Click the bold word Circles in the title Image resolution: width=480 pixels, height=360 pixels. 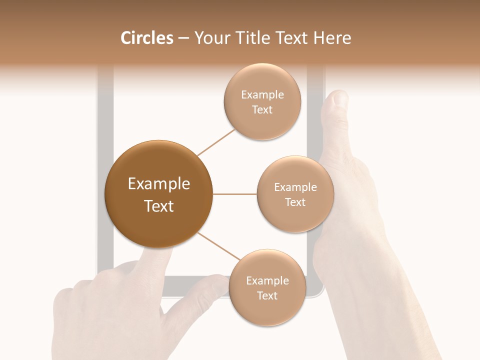point(146,38)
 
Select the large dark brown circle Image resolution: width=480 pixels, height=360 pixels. point(158,194)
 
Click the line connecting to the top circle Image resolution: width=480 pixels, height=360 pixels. point(216,141)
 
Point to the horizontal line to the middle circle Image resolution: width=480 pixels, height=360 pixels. point(234,194)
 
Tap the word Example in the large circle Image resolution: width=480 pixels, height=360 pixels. point(158,183)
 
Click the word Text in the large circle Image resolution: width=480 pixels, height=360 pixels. point(158,206)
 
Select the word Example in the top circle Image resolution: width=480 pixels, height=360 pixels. point(262,95)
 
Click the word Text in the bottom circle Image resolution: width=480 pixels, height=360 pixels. point(267,295)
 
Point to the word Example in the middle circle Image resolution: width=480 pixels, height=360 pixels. point(295,187)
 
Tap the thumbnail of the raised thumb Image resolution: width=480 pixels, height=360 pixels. point(340,98)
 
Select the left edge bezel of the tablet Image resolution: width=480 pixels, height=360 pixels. point(105,175)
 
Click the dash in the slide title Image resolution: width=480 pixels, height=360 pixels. point(183,38)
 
